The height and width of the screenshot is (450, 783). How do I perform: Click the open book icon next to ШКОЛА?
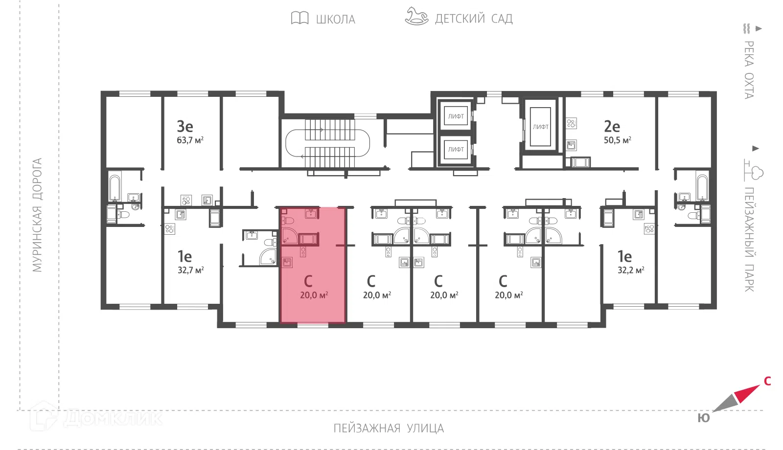pyautogui.click(x=299, y=18)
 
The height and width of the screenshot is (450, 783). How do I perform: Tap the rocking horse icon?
pyautogui.click(x=416, y=16)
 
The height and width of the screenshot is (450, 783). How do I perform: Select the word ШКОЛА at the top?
pyautogui.click(x=336, y=19)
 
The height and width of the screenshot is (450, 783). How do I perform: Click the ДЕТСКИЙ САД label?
pyautogui.click(x=474, y=19)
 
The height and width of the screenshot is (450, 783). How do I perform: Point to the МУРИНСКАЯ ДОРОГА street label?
pyautogui.click(x=37, y=215)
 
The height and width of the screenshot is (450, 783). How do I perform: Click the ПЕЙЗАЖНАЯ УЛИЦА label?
pyautogui.click(x=389, y=428)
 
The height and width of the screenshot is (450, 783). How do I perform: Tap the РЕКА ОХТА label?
pyautogui.click(x=748, y=70)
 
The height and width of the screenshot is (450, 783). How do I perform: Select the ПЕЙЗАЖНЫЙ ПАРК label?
pyautogui.click(x=749, y=239)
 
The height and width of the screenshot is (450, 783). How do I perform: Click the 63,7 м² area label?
pyautogui.click(x=190, y=140)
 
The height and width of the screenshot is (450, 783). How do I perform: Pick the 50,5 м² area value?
pyautogui.click(x=617, y=140)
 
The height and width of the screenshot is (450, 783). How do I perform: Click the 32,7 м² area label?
pyautogui.click(x=190, y=270)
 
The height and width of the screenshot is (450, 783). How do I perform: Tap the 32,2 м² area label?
pyautogui.click(x=631, y=270)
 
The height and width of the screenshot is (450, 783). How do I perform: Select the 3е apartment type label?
pyautogui.click(x=185, y=126)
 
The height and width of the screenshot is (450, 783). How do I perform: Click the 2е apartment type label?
pyautogui.click(x=612, y=126)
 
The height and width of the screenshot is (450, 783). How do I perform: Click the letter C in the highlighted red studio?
pyautogui.click(x=308, y=281)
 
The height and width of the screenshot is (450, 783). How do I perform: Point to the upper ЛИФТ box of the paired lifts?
pyautogui.click(x=456, y=116)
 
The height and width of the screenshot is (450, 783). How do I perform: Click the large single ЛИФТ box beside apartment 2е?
pyautogui.click(x=540, y=127)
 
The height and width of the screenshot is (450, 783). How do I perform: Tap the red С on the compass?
pyautogui.click(x=767, y=381)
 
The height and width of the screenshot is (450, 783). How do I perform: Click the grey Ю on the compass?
pyautogui.click(x=704, y=418)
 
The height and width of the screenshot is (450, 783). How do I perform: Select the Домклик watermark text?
pyautogui.click(x=113, y=418)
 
